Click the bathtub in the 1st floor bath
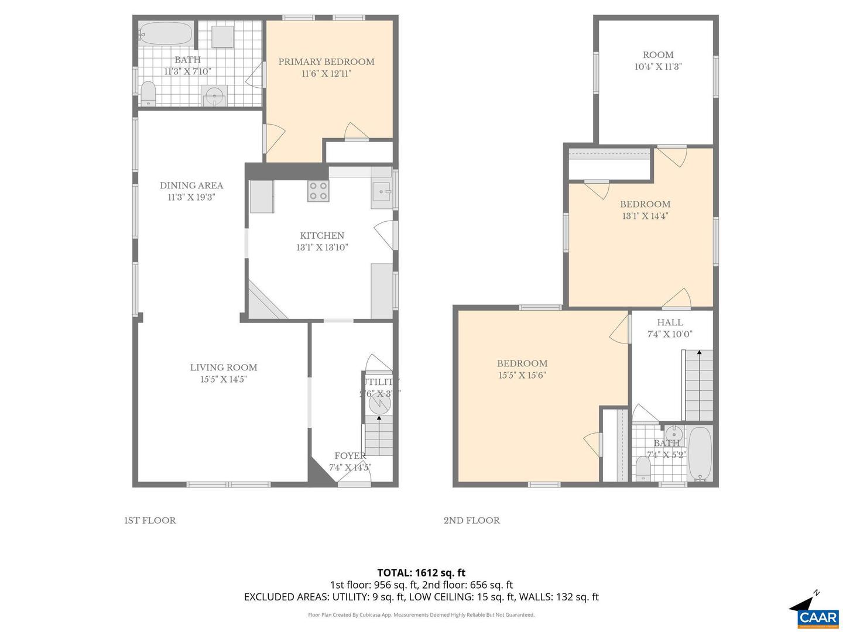[x=166, y=33]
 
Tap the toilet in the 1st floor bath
[x=148, y=94]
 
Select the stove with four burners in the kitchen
[x=318, y=191]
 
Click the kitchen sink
[x=382, y=191]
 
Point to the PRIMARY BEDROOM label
[x=326, y=61]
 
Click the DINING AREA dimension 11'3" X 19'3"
[x=191, y=198]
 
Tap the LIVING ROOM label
[x=223, y=367]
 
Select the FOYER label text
[x=350, y=456]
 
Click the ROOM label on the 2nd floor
[x=658, y=54]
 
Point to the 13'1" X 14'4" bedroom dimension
[x=645, y=216]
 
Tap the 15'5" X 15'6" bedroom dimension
[x=522, y=376]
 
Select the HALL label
[x=670, y=322]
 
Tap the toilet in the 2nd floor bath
[x=643, y=469]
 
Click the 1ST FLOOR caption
[x=150, y=520]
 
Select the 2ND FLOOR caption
[x=471, y=520]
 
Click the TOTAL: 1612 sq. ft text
[x=421, y=572]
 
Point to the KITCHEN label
[x=322, y=236]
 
